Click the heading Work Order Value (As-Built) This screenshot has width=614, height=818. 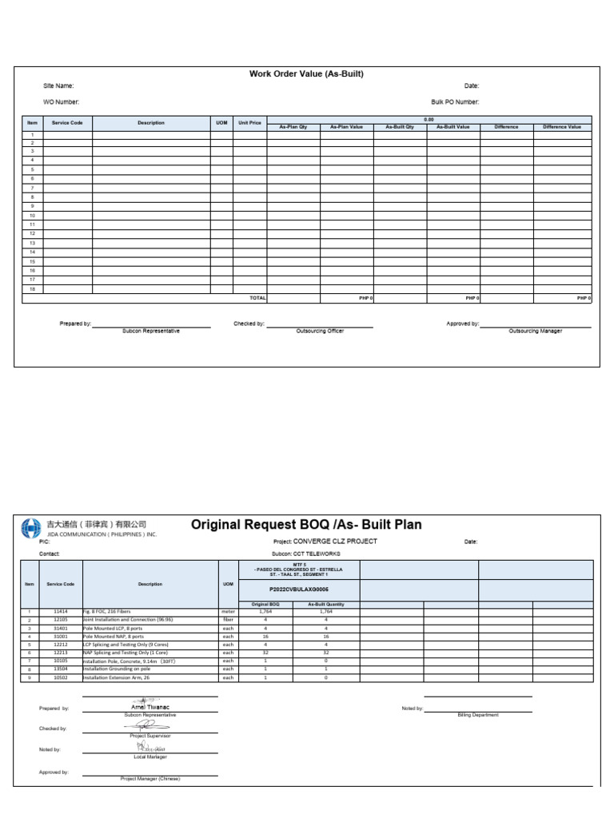click(x=306, y=74)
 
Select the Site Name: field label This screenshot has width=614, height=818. click(x=58, y=85)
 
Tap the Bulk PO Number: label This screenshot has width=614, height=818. click(x=455, y=102)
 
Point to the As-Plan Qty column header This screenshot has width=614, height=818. click(x=293, y=127)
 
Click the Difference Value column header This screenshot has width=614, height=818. click(x=562, y=127)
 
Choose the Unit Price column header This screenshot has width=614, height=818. click(x=249, y=123)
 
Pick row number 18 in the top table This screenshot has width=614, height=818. click(x=32, y=289)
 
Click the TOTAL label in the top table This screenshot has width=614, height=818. click(x=257, y=298)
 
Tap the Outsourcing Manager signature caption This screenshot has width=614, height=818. click(x=535, y=332)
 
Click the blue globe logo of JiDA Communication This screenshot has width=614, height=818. click(x=30, y=528)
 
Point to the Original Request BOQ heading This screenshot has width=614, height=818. click(x=306, y=525)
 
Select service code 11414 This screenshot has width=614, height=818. click(x=61, y=612)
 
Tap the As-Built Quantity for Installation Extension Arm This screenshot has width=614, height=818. click(x=325, y=677)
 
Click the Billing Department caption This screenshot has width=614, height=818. click(x=477, y=715)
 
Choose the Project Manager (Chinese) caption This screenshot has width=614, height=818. click(x=150, y=778)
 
